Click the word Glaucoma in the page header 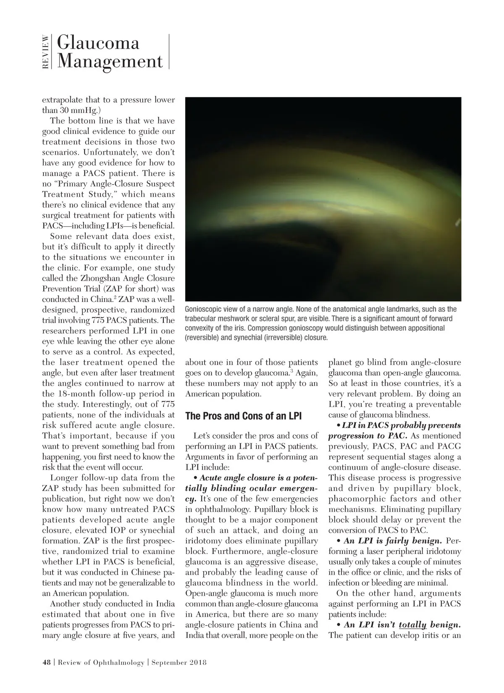(x=98, y=43)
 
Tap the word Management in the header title (x=110, y=61)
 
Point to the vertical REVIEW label (x=46, y=52)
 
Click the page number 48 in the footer (x=46, y=663)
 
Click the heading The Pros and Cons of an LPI (x=243, y=416)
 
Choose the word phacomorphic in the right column (x=365, y=499)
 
